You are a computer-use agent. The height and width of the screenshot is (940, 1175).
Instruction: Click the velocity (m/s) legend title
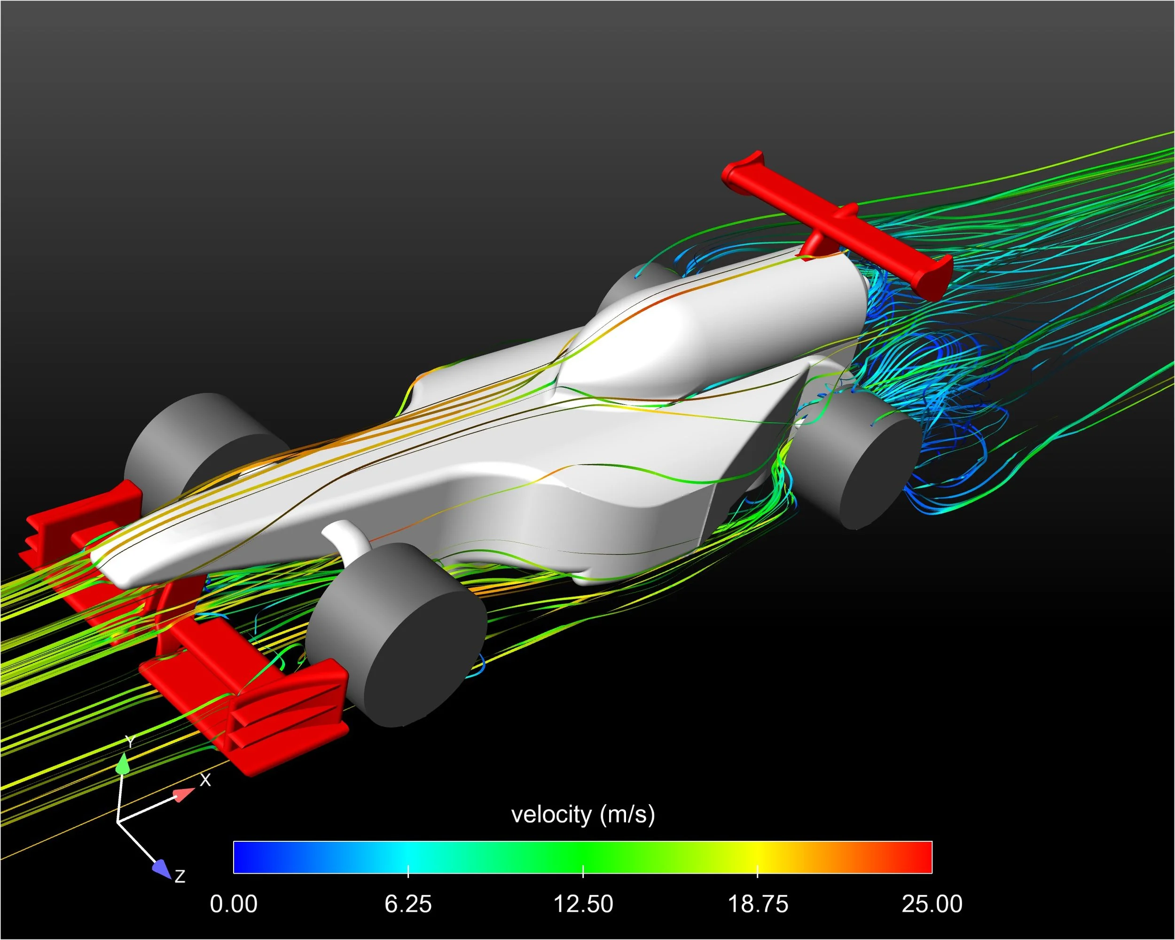tap(583, 815)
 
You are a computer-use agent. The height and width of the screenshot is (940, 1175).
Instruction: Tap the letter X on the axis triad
tap(205, 780)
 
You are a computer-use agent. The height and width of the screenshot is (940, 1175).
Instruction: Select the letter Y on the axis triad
tap(129, 742)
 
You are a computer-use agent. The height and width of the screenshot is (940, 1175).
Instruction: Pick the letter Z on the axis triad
tap(180, 876)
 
